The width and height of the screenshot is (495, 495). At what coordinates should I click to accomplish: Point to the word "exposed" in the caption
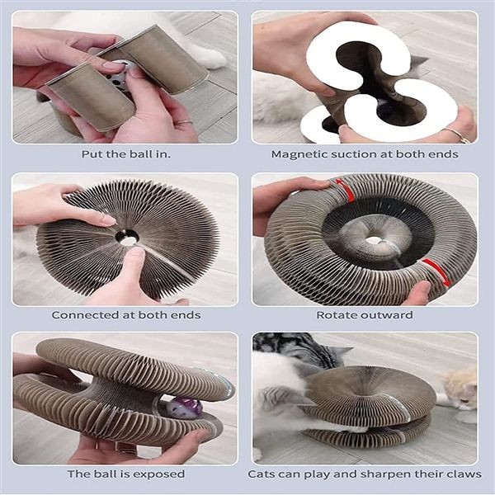point(163,474)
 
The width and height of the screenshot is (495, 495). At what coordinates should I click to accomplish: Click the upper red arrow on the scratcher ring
point(346,190)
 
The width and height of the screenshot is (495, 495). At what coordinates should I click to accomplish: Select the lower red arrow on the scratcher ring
point(436,271)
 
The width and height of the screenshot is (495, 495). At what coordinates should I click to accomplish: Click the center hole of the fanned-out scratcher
point(128,238)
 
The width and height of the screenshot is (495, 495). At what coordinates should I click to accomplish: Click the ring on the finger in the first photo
point(184,122)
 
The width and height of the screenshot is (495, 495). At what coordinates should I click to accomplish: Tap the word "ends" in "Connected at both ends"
point(189,315)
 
